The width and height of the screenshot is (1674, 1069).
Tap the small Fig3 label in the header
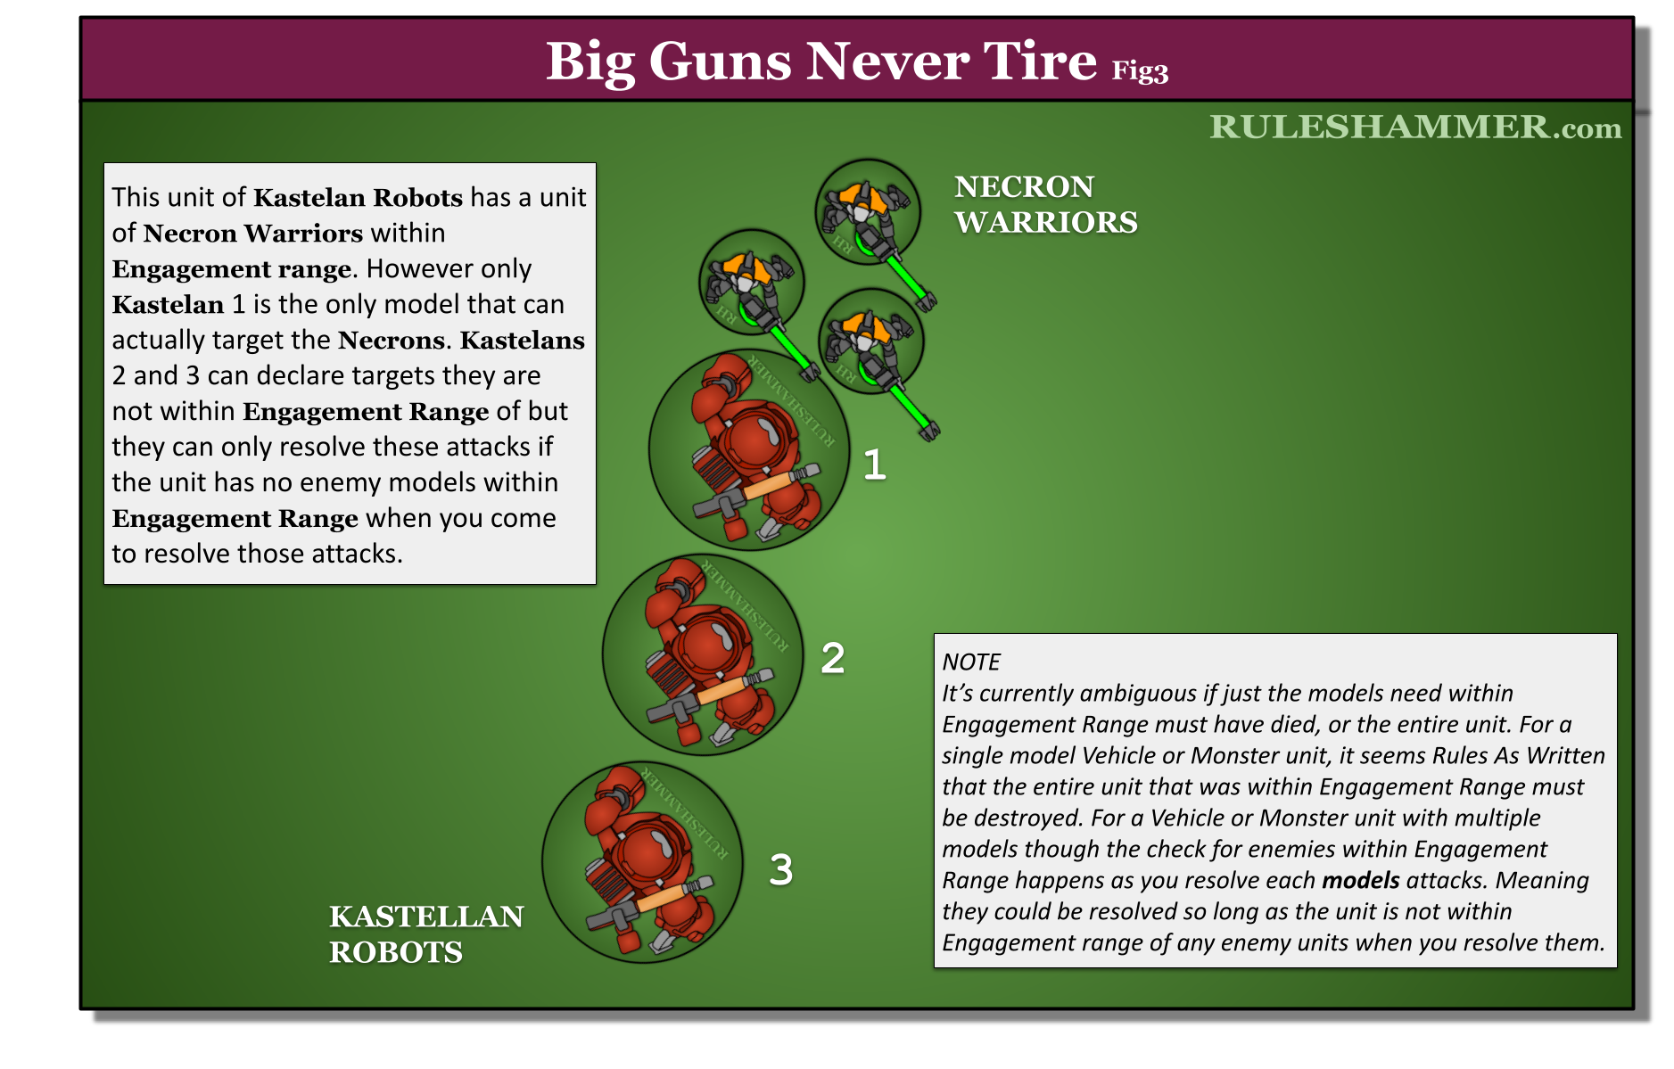[x=1140, y=70]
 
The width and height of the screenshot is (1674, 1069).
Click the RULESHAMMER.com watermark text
[x=1415, y=127]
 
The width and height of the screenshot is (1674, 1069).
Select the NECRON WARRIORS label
[x=1045, y=204]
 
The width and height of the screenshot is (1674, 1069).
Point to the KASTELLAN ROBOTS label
[x=426, y=933]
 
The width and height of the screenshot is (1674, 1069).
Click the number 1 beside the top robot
[x=874, y=465]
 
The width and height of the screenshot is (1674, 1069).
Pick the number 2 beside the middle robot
[x=832, y=658]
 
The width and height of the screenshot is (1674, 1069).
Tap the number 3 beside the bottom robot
[x=780, y=869]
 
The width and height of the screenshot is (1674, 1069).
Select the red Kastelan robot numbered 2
[x=703, y=654]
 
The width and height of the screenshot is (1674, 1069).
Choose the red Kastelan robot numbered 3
[x=642, y=861]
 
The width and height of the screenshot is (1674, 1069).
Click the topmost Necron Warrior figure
[x=867, y=212]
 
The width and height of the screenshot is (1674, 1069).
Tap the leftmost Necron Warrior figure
[x=751, y=282]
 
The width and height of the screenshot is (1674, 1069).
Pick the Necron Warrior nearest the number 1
[x=870, y=341]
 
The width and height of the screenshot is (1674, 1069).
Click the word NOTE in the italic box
[x=971, y=662]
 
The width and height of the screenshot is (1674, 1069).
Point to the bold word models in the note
[x=1360, y=880]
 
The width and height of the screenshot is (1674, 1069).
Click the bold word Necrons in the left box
[x=391, y=340]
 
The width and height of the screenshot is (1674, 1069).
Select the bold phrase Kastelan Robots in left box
[x=358, y=197]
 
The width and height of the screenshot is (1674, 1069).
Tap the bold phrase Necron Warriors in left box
[x=252, y=233]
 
